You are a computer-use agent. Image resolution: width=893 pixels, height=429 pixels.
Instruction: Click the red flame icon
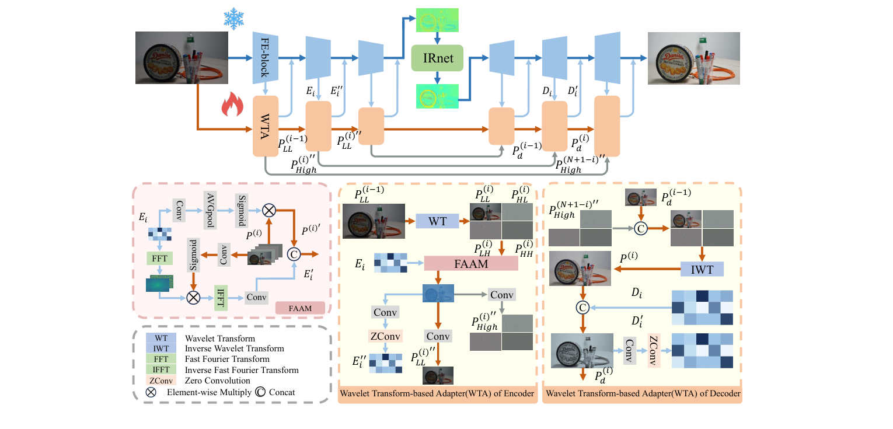click(x=232, y=107)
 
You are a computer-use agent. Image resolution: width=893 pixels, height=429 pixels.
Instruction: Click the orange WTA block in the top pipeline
click(x=265, y=127)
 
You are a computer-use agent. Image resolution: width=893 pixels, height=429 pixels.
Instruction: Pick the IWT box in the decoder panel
click(x=702, y=269)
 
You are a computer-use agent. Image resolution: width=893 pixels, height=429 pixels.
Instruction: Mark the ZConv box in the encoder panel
click(x=383, y=336)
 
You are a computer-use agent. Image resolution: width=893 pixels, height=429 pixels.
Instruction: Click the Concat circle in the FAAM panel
click(x=294, y=254)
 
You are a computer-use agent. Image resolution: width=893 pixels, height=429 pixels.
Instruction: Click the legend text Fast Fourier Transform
click(x=227, y=359)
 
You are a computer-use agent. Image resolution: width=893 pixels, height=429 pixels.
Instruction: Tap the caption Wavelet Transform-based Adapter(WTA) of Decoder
click(x=642, y=395)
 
